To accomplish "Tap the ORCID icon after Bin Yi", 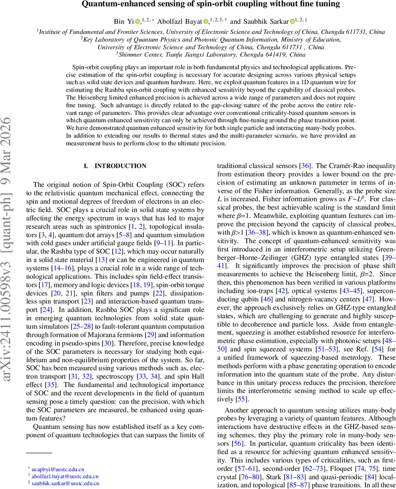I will click(138, 22).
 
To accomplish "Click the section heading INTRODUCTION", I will click(120, 166).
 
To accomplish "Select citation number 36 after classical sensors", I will click(305, 166).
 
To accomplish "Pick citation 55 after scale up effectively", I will click(240, 399).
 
